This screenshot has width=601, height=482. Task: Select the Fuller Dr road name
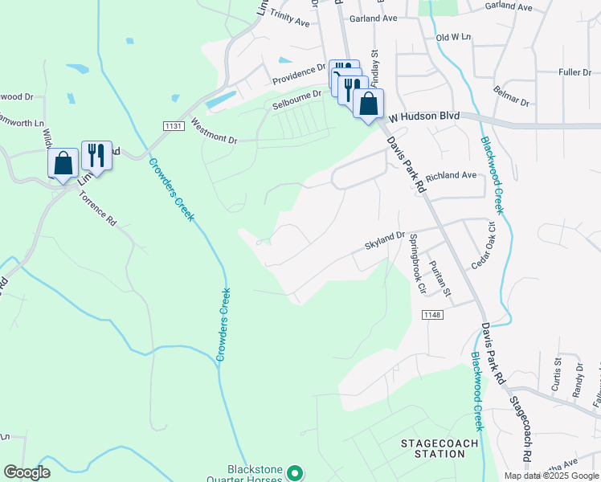pos(574,72)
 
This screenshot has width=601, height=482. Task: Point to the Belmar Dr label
pos(512,97)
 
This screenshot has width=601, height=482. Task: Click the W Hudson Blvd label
pos(424,116)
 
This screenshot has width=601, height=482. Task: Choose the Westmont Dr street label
pos(214,132)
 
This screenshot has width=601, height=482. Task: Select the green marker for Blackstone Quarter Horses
pos(295,474)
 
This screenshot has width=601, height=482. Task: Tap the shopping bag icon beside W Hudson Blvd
pos(368,104)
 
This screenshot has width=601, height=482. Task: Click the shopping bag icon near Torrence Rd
pos(63,163)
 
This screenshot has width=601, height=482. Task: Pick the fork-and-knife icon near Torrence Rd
pos(96,155)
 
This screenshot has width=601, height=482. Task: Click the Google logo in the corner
pos(27,472)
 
